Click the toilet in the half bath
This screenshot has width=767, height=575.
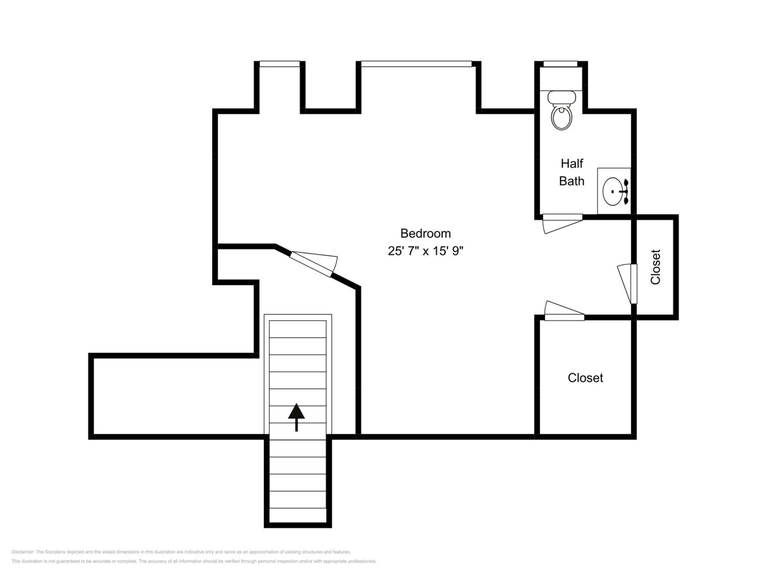pos(561,110)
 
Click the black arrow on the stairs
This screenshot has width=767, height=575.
pos(297,417)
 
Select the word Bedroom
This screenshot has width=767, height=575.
pos(425,233)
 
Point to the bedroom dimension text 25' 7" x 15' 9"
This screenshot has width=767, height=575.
pos(425,251)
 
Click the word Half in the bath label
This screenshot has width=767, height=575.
pos(572,163)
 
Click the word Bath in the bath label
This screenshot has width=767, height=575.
pos(572,181)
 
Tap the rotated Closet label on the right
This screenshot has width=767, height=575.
pos(655,267)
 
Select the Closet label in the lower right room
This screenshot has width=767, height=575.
pos(585,378)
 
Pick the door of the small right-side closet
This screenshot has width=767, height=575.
pos(627,283)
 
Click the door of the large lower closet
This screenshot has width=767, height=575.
pos(565,311)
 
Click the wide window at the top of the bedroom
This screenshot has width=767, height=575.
pos(416,64)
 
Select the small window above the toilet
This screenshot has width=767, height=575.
pos(560,64)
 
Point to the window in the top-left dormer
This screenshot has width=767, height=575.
pos(279,64)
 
